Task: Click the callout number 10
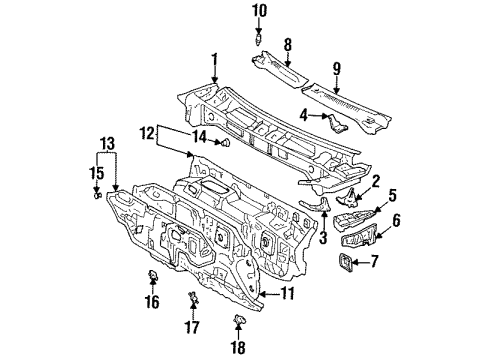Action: pyautogui.click(x=259, y=11)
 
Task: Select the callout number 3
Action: pyautogui.click(x=324, y=239)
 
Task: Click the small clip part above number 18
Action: pyautogui.click(x=239, y=319)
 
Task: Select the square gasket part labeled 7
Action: pyautogui.click(x=348, y=264)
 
